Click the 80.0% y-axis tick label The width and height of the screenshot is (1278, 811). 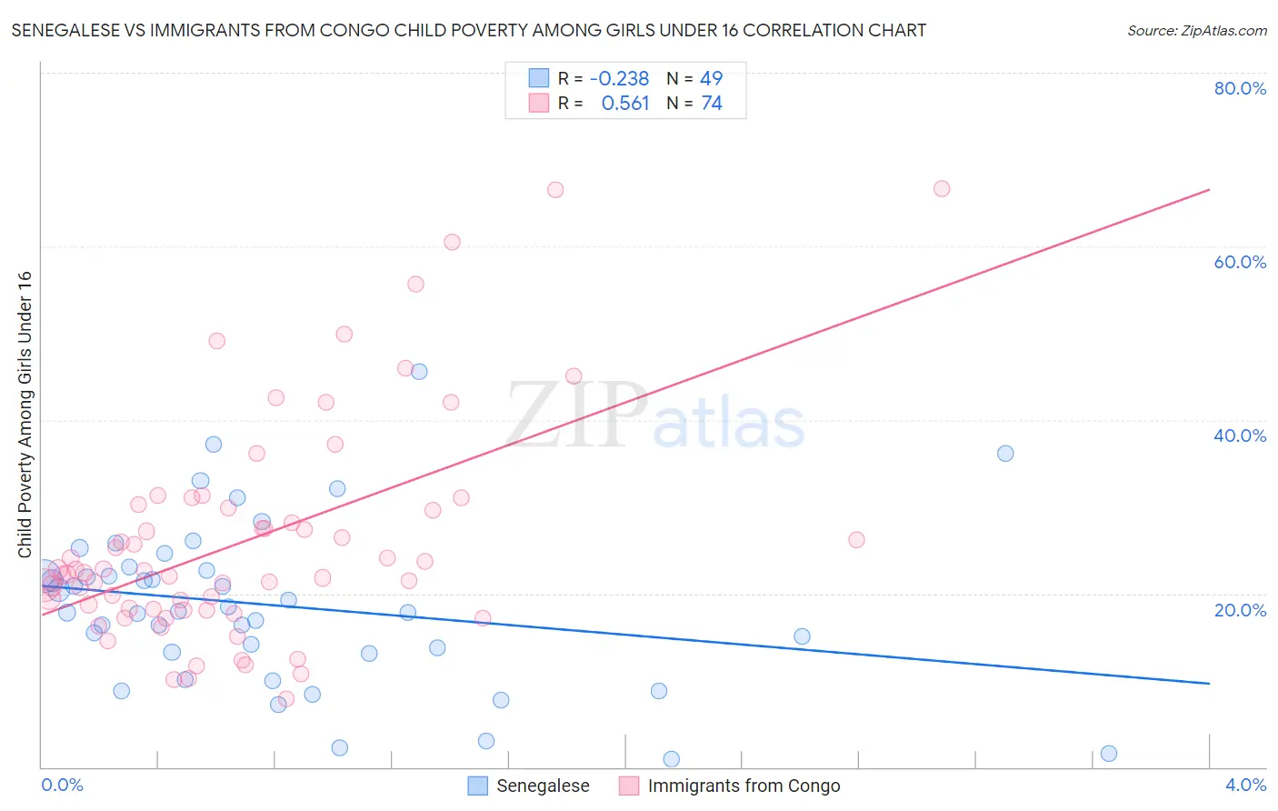pyautogui.click(x=1240, y=88)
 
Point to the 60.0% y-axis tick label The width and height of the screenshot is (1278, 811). pyautogui.click(x=1240, y=262)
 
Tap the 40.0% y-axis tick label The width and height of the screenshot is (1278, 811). pyautogui.click(x=1240, y=436)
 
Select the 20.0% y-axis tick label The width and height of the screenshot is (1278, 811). pyautogui.click(x=1240, y=610)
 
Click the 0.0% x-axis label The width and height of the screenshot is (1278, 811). pyautogui.click(x=62, y=785)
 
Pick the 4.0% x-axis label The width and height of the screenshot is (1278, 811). pyautogui.click(x=1245, y=785)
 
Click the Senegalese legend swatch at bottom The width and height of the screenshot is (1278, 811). pyautogui.click(x=478, y=786)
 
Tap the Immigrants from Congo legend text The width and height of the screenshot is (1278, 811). pyautogui.click(x=744, y=786)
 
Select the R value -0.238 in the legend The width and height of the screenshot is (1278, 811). pyautogui.click(x=619, y=78)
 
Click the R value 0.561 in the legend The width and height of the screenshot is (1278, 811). pyautogui.click(x=625, y=104)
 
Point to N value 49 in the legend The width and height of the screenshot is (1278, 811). pyautogui.click(x=711, y=78)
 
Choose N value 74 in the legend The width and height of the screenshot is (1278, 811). pyautogui.click(x=711, y=104)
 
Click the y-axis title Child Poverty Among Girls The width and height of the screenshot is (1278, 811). pyautogui.click(x=25, y=415)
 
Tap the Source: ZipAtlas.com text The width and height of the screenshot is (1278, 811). pyautogui.click(x=1196, y=31)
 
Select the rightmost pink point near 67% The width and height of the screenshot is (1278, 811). pyautogui.click(x=942, y=188)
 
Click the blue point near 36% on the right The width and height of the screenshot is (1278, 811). pyautogui.click(x=1005, y=453)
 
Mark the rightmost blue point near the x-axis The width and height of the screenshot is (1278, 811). pyautogui.click(x=1108, y=753)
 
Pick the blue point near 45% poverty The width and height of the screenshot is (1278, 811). pyautogui.click(x=419, y=371)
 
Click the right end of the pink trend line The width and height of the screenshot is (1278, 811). pyautogui.click(x=1209, y=189)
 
